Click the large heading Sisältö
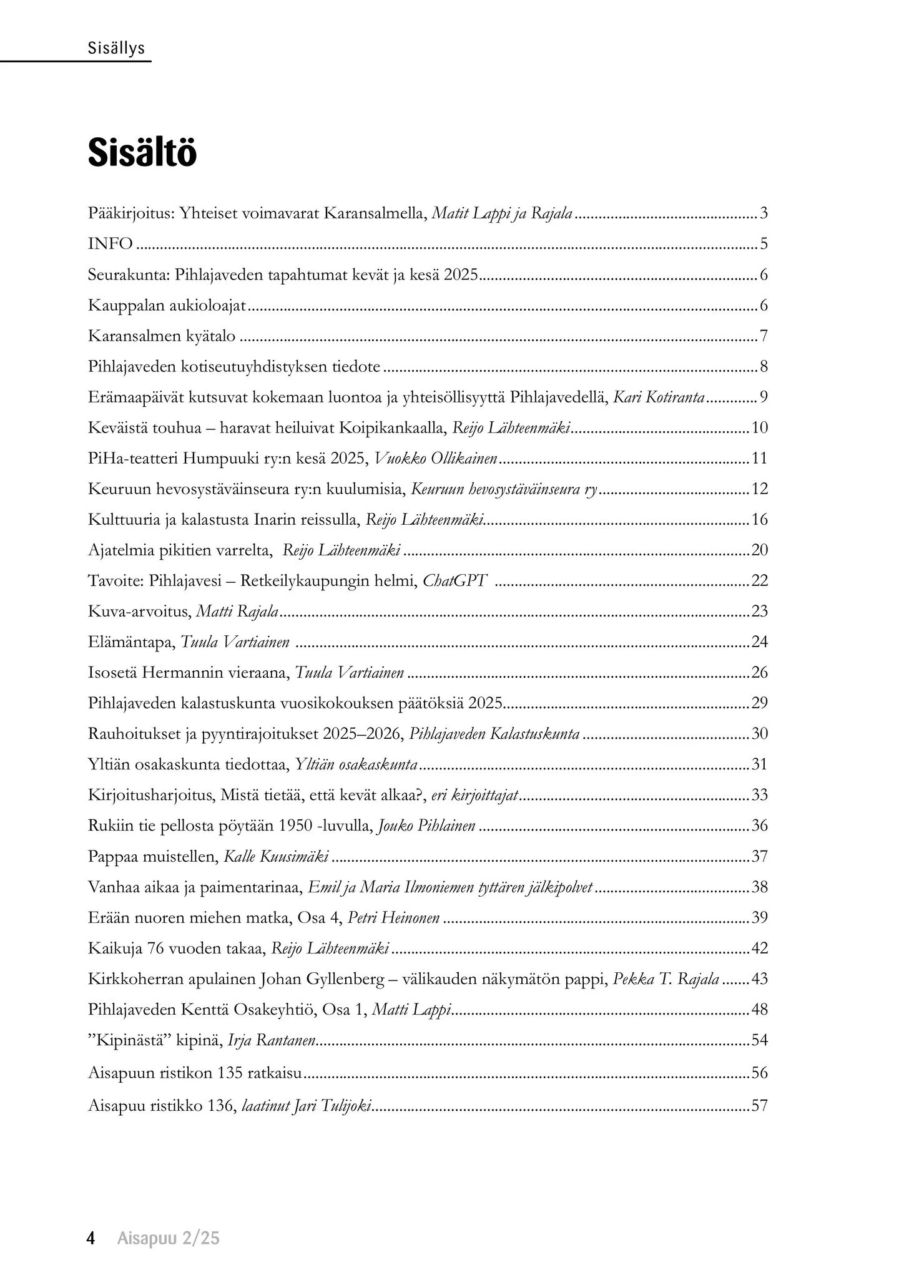point(142,153)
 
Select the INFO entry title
point(111,244)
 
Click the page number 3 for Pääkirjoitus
point(764,214)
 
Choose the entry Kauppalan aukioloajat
point(168,306)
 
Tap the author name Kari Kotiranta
point(659,397)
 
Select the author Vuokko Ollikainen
point(436,459)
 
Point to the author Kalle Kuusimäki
point(276,857)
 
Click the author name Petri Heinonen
point(393,918)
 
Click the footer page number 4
point(91,1238)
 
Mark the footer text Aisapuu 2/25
point(169,1238)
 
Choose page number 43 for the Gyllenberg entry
point(759,979)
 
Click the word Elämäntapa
point(130,642)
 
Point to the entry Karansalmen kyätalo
point(162,336)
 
